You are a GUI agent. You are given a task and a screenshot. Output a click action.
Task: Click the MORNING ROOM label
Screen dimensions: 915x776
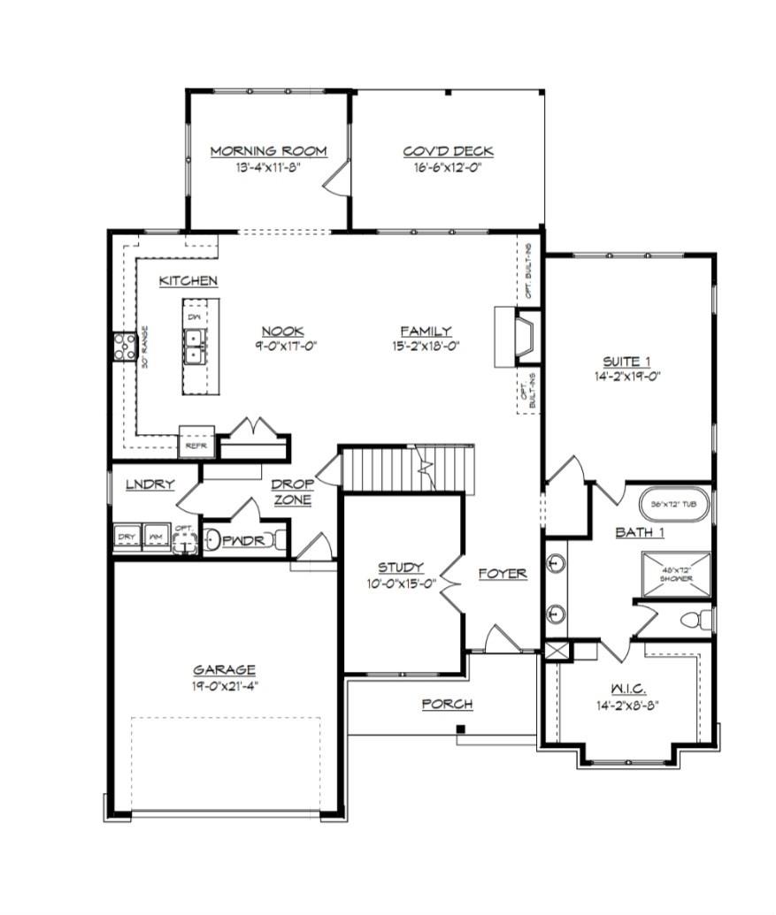tap(268, 151)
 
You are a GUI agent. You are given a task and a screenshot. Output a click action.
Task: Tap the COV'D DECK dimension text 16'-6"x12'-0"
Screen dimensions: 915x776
tap(448, 167)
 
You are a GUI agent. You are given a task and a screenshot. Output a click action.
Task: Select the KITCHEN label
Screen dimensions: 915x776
tap(188, 281)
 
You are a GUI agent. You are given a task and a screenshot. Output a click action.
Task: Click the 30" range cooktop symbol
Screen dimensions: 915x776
tap(123, 346)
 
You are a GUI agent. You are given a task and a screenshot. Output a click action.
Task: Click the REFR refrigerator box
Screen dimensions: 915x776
tap(196, 446)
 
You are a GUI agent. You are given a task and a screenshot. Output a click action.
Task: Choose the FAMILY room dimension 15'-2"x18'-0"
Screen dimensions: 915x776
tap(425, 347)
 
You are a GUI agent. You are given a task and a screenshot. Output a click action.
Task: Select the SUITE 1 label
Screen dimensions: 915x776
tap(626, 361)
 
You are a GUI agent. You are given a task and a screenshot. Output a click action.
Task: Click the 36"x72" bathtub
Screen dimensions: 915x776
tap(673, 503)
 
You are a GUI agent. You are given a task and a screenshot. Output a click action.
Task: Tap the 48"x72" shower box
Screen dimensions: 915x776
tap(674, 573)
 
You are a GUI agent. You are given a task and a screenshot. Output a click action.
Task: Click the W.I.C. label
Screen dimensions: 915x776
tap(628, 689)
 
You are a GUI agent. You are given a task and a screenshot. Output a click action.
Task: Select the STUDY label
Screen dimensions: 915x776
tap(400, 567)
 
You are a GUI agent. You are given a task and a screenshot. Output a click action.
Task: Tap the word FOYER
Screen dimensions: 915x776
tap(503, 574)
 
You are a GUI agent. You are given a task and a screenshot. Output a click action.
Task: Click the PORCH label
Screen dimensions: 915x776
tap(447, 704)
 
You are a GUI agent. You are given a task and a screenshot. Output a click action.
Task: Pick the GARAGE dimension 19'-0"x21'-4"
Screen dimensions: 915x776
tap(225, 685)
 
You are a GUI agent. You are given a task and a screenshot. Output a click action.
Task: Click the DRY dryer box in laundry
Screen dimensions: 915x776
tap(126, 538)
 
